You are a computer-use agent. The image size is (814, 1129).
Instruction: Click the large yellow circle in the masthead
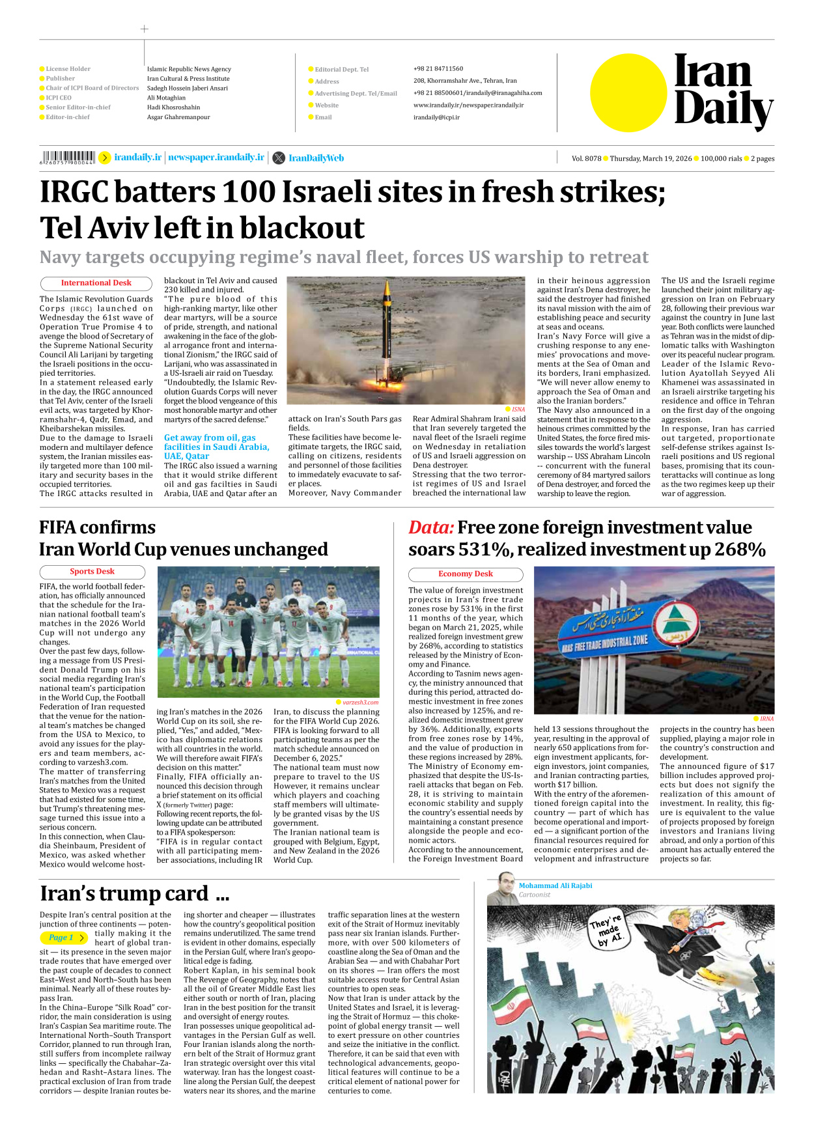tap(628, 92)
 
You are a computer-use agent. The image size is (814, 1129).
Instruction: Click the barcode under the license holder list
tap(68, 158)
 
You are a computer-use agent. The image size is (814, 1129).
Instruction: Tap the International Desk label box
tap(96, 283)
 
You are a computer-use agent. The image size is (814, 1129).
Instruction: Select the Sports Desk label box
tap(92, 572)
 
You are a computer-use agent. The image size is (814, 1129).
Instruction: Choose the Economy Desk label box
tap(465, 574)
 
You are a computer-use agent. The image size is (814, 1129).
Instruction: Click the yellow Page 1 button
tap(64, 938)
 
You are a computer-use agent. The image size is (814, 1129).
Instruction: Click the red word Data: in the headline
tap(430, 527)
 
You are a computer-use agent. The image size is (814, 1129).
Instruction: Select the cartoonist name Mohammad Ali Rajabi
tap(555, 885)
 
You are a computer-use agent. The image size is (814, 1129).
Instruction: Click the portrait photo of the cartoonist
tap(502, 889)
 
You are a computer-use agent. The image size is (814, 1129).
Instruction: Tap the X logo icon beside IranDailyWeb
tap(279, 158)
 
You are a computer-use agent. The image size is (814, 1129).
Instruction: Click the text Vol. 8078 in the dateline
tap(586, 158)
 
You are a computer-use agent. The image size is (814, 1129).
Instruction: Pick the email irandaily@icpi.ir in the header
tap(436, 118)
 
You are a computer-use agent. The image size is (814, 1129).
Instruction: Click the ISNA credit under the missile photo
tap(518, 409)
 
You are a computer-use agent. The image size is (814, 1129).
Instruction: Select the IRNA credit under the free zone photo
tap(766, 719)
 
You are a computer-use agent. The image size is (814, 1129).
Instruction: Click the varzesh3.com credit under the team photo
tap(360, 702)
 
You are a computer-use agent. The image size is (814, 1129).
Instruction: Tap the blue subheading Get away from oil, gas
tap(210, 438)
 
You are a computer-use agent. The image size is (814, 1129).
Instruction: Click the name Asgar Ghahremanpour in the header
tap(178, 117)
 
